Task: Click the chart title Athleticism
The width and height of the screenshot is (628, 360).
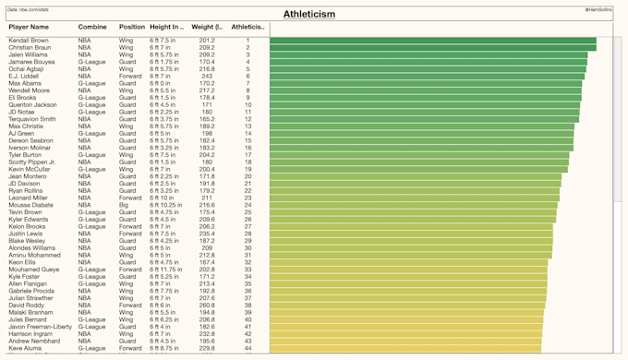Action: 309,15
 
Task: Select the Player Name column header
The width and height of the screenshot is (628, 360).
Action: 30,28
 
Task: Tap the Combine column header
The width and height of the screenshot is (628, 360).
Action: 91,28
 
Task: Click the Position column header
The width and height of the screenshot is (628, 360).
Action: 132,28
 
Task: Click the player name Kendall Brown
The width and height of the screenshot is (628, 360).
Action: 29,41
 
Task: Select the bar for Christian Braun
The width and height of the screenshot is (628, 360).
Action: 432,48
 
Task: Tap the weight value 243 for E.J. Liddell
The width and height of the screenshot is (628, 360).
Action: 206,77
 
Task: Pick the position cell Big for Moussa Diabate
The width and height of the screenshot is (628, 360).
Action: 125,205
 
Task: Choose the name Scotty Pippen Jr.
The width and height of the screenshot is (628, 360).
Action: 32,162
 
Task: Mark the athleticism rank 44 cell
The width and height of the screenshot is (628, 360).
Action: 248,348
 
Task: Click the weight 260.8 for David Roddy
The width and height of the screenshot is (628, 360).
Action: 206,305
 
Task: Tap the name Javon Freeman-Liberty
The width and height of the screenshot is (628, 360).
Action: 40,326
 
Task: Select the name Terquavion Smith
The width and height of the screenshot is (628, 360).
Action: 32,119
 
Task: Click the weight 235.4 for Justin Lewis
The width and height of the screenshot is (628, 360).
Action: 206,234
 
